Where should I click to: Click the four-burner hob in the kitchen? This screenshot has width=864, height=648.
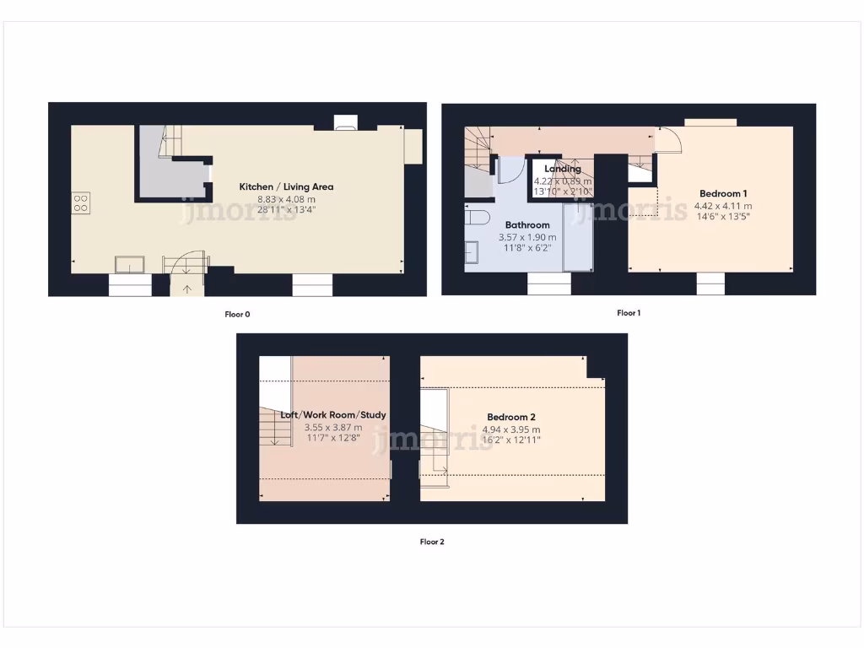(x=81, y=202)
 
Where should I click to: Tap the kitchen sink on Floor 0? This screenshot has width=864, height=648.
(x=130, y=264)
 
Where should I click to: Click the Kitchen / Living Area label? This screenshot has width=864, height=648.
(x=286, y=186)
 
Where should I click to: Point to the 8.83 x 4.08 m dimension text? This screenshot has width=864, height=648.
(x=286, y=198)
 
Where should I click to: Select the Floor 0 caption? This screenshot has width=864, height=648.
(x=237, y=315)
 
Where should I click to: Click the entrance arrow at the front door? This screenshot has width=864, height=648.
(x=186, y=289)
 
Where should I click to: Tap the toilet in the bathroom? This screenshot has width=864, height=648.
(x=478, y=217)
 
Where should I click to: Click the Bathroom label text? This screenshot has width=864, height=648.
(x=527, y=225)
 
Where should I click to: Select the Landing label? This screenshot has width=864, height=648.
(x=562, y=169)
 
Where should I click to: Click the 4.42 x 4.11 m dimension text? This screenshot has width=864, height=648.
(x=722, y=205)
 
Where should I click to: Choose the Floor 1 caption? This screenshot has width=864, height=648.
(x=629, y=313)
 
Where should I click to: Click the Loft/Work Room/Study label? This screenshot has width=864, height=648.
(x=333, y=415)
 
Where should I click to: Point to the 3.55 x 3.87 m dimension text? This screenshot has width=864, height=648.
(x=333, y=427)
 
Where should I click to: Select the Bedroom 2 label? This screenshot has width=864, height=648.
(x=511, y=417)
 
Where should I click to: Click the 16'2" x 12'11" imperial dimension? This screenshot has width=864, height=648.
(x=511, y=440)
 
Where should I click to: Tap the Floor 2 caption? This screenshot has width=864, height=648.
(x=432, y=542)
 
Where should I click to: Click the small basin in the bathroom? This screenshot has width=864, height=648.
(x=471, y=251)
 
